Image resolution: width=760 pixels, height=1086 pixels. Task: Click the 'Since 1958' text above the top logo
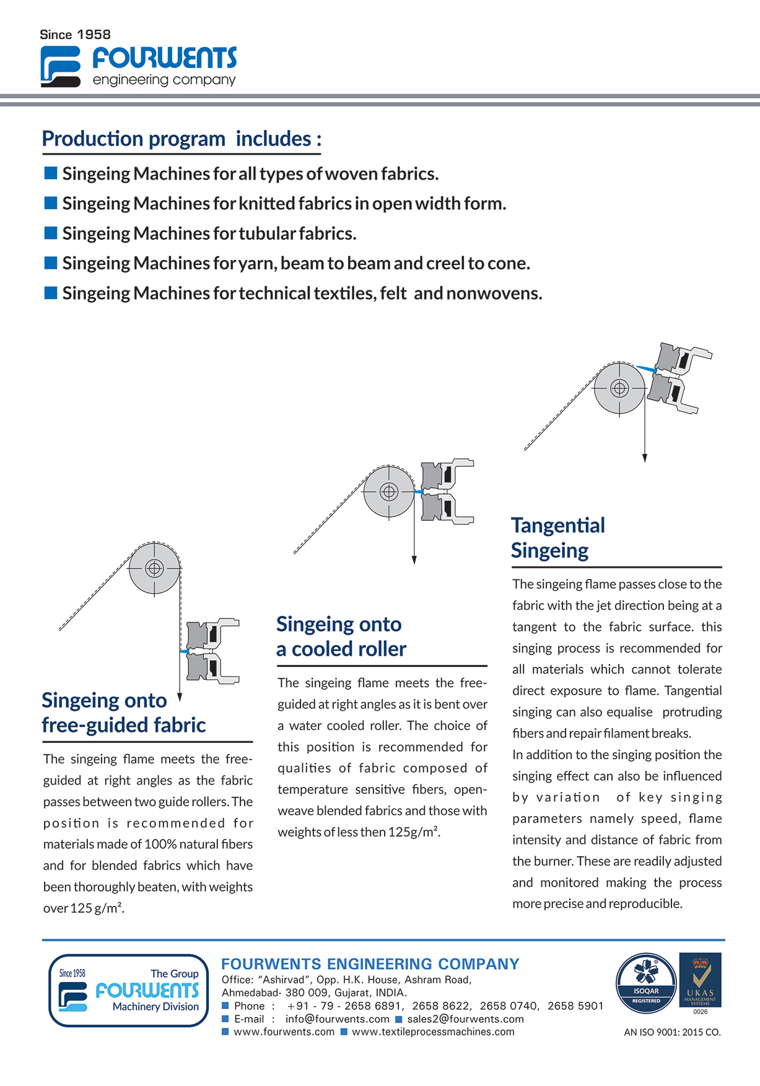(75, 35)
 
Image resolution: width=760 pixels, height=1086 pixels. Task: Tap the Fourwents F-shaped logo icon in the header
(60, 66)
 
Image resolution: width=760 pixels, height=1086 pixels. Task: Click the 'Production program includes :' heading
(181, 139)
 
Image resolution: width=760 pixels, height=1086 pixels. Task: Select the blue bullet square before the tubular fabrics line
(51, 233)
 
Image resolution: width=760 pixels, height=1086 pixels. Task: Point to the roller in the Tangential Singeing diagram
(619, 388)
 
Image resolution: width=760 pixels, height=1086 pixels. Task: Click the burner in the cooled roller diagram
(447, 490)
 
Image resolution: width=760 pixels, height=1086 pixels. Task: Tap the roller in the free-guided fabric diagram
(154, 568)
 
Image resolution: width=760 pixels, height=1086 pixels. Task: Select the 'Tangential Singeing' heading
(557, 537)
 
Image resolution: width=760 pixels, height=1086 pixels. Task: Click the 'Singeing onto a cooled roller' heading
(341, 636)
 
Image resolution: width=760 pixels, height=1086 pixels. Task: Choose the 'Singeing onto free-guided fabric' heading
(123, 713)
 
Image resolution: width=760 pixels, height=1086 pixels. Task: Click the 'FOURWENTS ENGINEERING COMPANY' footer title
(370, 964)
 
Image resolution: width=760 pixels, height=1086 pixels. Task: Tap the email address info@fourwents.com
(337, 1019)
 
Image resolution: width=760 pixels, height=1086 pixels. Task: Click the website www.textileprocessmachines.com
(433, 1032)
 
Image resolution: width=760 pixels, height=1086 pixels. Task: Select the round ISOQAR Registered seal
(646, 983)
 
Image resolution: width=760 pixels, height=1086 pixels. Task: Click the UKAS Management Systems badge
(701, 981)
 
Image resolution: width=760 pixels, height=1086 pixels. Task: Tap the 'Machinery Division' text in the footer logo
(155, 1007)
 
